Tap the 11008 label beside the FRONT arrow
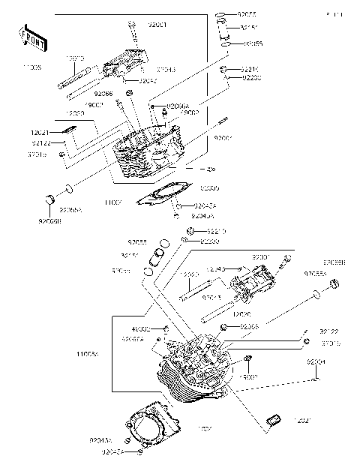(12, 67)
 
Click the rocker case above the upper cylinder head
(123, 68)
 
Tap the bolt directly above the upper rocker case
(131, 29)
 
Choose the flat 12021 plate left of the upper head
(68, 130)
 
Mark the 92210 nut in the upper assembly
(223, 70)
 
